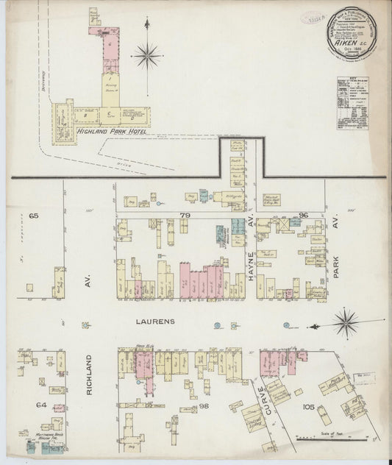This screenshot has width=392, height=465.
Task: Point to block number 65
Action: tap(33, 216)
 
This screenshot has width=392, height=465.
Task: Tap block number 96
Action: tap(303, 215)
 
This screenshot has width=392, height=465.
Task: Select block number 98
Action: tap(203, 406)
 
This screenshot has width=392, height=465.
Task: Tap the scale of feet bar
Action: tap(324, 439)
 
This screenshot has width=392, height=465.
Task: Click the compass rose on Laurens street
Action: tap(344, 321)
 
